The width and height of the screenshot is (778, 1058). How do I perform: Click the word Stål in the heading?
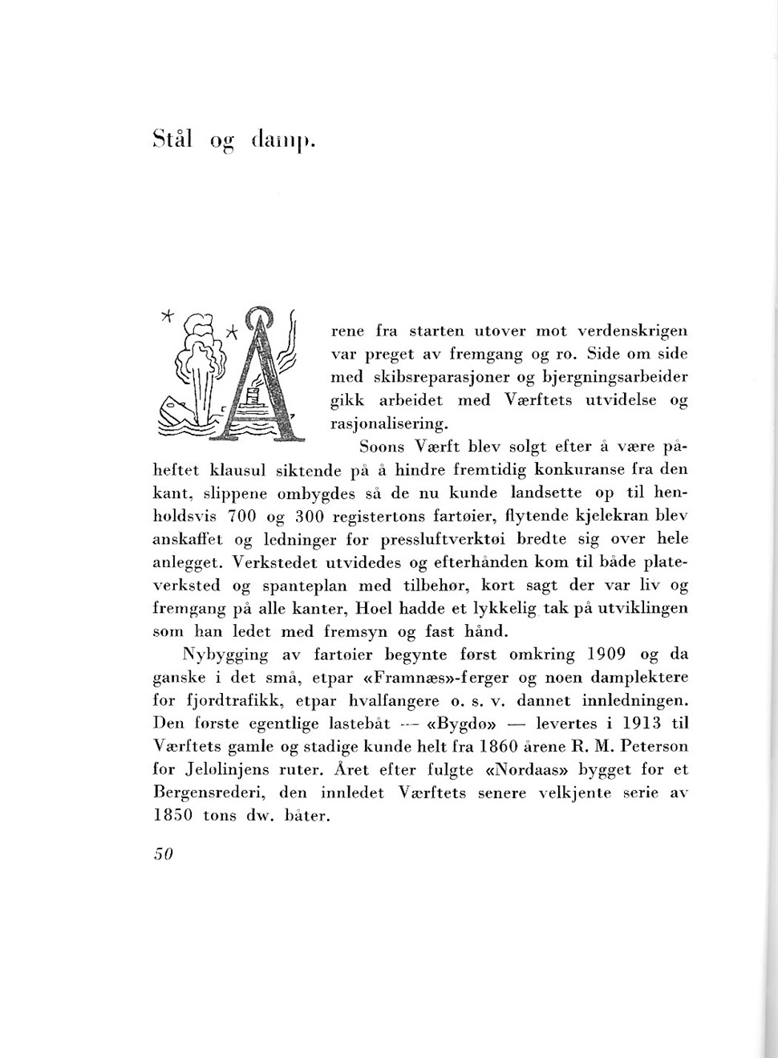pos(172,139)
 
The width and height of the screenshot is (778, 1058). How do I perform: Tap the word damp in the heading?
pos(282,140)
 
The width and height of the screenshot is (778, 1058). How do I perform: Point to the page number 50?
pos(163,853)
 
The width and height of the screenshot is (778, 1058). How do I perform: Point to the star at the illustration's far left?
pos(167,314)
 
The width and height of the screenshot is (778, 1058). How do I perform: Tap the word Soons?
pos(382,446)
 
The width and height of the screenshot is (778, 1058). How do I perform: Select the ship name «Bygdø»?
pos(459,724)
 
